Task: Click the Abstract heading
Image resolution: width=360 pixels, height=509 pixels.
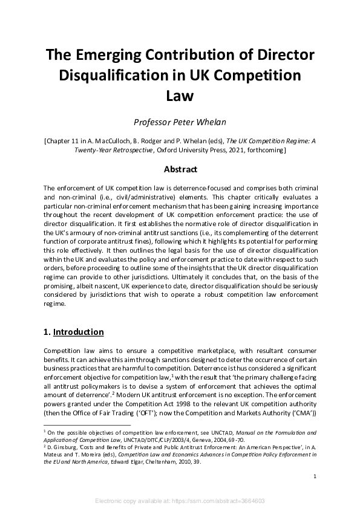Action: pos(180,169)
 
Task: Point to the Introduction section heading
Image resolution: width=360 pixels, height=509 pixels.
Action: pos(78,332)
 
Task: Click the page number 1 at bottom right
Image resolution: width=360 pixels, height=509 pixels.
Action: pos(315,477)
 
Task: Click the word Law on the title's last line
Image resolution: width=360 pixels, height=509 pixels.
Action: pos(180,96)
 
